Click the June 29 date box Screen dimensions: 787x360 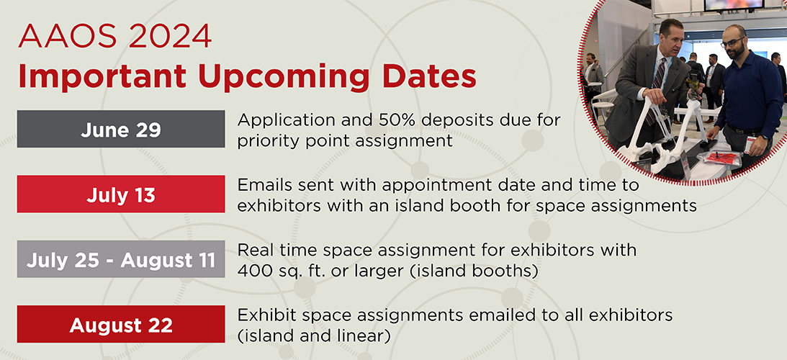point(121,129)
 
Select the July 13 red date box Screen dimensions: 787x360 point(121,194)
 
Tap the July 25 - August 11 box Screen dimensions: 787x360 point(121,259)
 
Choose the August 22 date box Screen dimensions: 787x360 point(121,324)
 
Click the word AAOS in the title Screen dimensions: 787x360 point(55,36)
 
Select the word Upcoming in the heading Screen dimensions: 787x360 point(281,77)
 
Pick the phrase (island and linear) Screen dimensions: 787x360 point(314,336)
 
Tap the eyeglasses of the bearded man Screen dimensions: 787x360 point(732,42)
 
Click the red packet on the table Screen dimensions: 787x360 point(720,158)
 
